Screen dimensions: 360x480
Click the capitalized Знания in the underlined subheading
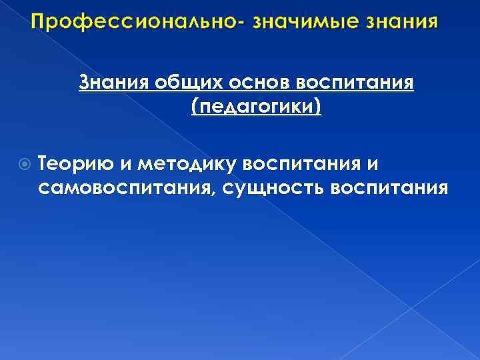point(114,85)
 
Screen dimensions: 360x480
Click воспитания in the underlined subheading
point(353,85)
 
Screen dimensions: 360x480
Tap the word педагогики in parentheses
point(256,107)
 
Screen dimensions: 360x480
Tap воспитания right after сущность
point(383,187)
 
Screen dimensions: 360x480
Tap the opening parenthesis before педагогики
point(195,108)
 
